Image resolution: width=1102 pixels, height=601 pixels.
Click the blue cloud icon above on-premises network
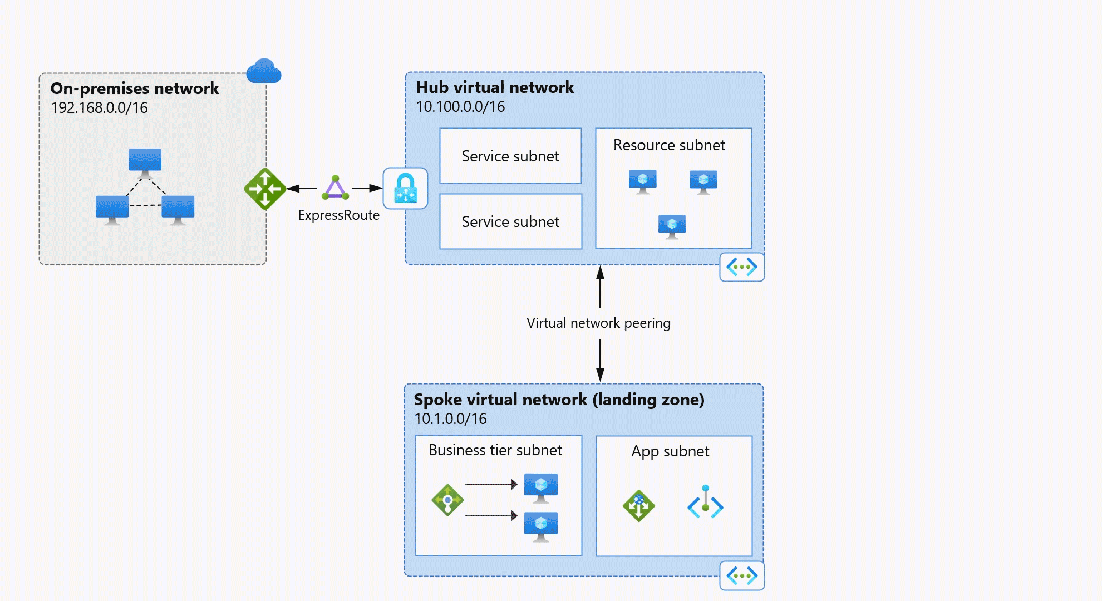point(264,71)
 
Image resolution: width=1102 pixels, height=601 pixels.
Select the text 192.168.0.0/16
point(99,107)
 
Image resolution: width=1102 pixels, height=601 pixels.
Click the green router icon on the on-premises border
point(265,189)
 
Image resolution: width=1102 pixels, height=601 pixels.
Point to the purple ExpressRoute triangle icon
point(335,188)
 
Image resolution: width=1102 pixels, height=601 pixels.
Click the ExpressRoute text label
point(338,215)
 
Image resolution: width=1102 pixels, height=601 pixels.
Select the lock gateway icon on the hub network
point(405,188)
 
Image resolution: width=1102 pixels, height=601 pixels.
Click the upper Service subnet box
point(510,156)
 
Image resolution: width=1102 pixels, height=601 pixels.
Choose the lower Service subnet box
point(510,221)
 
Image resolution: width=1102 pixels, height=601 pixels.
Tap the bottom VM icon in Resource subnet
point(672,226)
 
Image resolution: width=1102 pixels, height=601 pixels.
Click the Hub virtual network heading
point(494,87)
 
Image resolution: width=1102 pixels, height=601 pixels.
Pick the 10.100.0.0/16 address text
point(460,106)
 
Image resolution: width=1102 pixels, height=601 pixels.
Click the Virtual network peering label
point(598,323)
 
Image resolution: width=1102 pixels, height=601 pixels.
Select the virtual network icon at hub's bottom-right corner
point(741,267)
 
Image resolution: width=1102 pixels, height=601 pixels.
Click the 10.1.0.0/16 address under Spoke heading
point(450,418)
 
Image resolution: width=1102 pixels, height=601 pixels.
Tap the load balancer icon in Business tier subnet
point(447,500)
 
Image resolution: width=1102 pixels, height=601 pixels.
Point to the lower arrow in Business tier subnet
point(490,515)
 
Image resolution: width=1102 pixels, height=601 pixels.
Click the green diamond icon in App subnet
point(638,505)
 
